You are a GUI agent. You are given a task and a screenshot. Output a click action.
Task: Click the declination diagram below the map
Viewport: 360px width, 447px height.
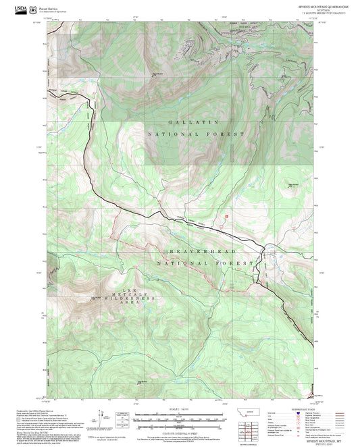122,419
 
